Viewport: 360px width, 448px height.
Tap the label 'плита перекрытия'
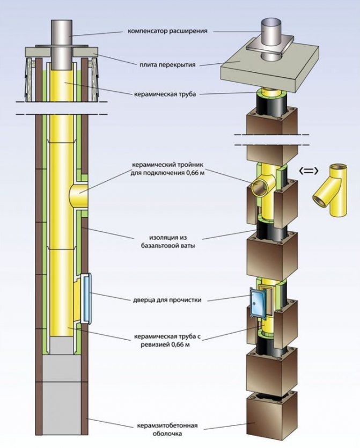[165, 65]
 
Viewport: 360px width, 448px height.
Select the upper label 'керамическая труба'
[166, 93]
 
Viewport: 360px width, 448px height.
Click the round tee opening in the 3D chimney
[260, 187]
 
